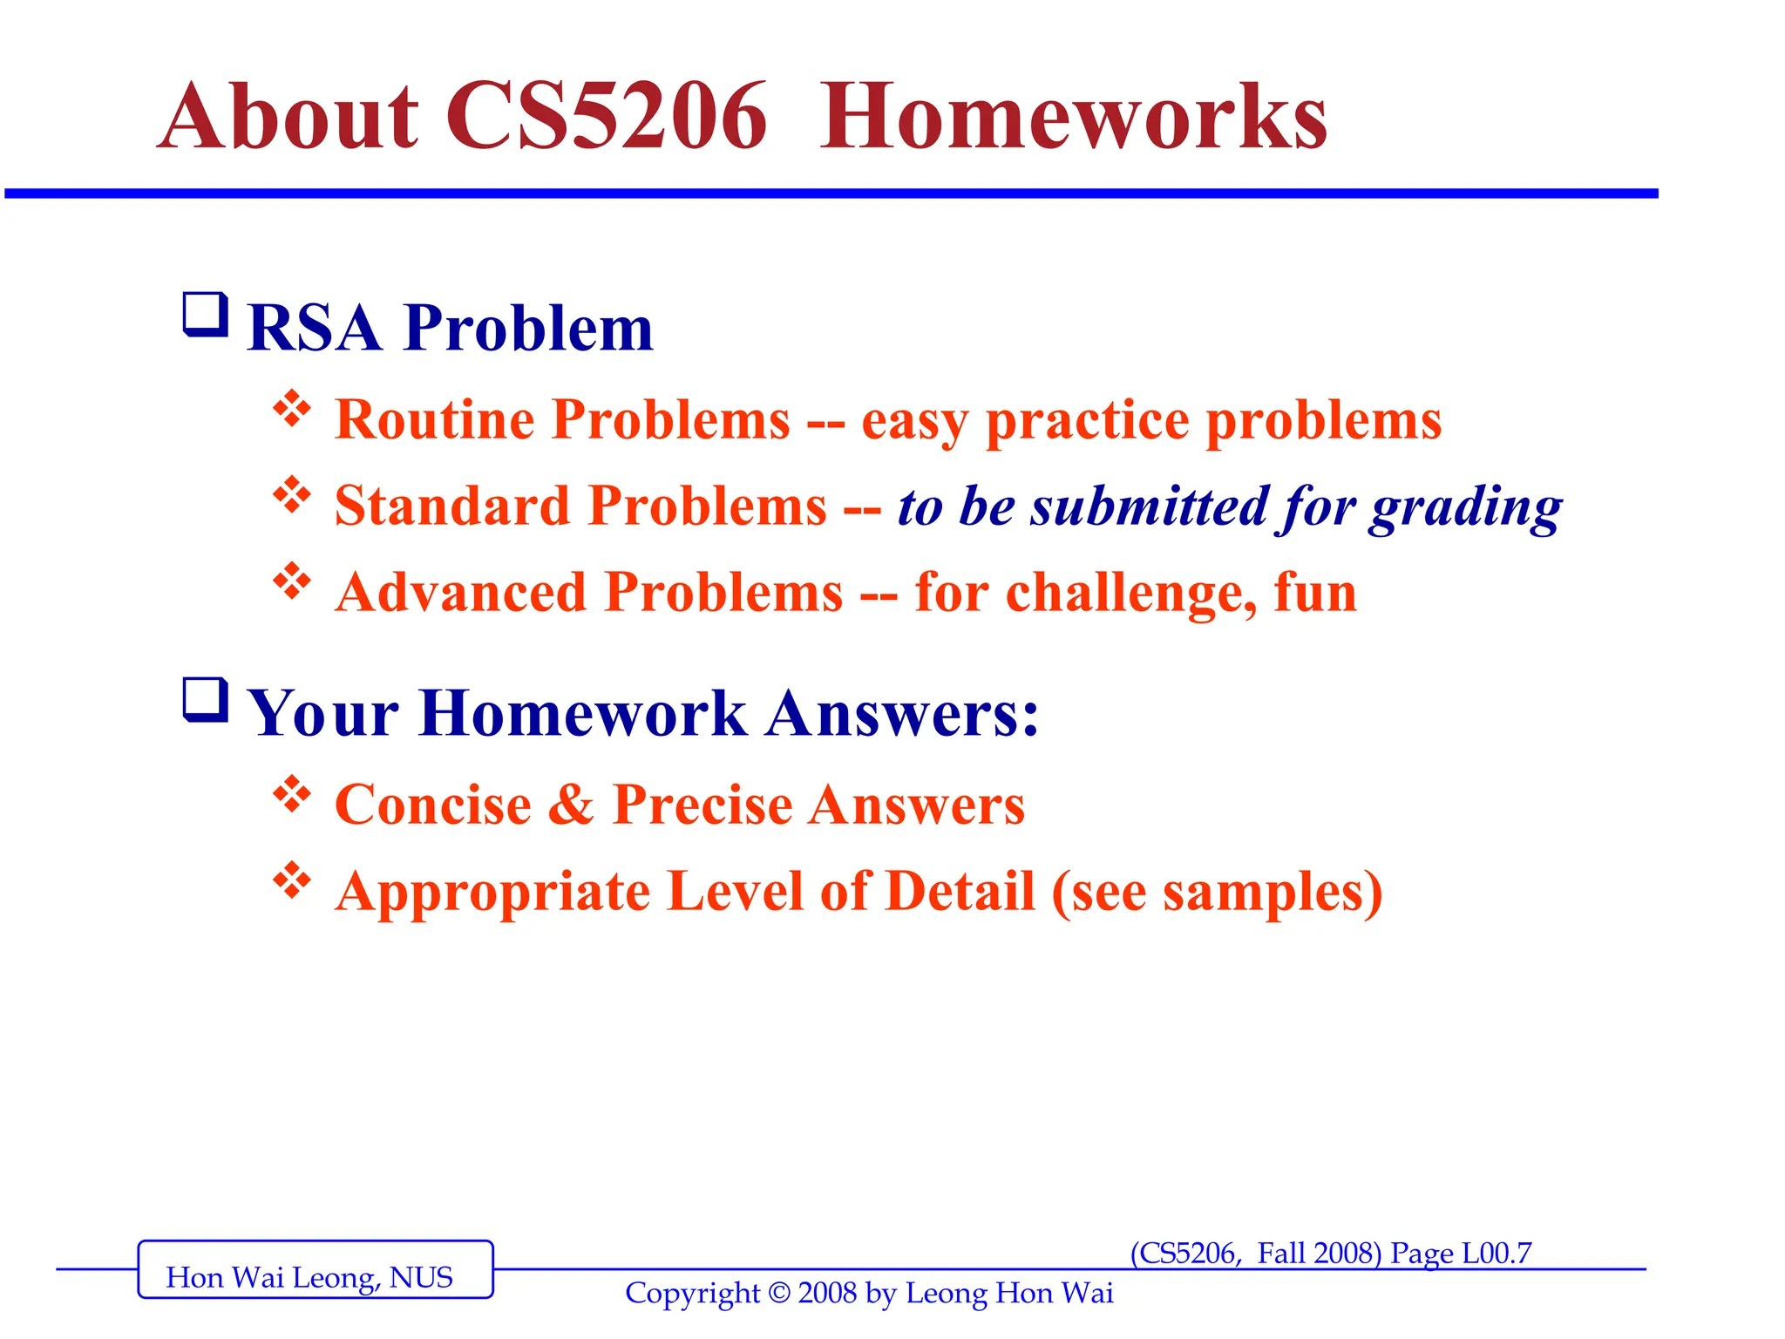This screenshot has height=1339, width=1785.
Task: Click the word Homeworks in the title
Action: (x=1073, y=117)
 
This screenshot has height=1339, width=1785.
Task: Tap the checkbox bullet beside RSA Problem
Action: (x=205, y=316)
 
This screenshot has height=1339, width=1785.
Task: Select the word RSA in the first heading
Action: (x=315, y=329)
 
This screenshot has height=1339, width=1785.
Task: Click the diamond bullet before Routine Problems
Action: (x=292, y=408)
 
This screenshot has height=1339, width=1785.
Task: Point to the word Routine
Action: (x=434, y=419)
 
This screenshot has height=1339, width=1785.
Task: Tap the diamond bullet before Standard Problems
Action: (x=292, y=494)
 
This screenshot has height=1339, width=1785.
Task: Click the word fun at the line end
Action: (x=1314, y=593)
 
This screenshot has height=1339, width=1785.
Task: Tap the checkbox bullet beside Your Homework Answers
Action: (x=205, y=700)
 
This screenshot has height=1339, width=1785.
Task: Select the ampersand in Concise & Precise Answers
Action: (x=571, y=804)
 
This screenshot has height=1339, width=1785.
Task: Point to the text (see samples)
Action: (x=1217, y=892)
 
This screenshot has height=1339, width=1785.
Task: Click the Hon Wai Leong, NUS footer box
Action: (x=315, y=1269)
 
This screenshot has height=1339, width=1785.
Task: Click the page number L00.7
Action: (x=1496, y=1254)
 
